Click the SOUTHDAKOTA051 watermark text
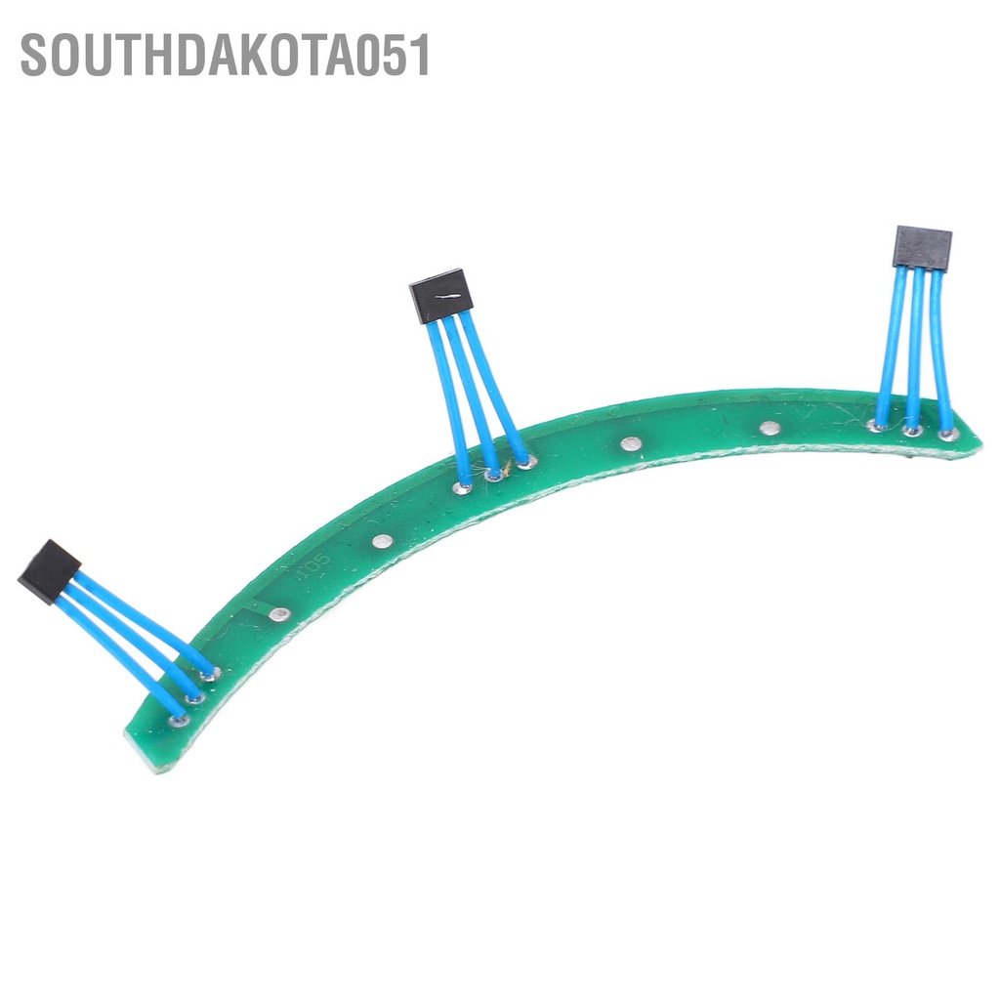[226, 56]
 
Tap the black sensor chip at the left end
[49, 570]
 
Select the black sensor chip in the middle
[440, 296]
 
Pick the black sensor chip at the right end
[922, 247]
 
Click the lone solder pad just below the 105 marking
[279, 614]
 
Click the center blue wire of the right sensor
[915, 347]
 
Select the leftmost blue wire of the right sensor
[891, 347]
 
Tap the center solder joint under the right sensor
[912, 429]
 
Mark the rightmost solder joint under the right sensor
[946, 433]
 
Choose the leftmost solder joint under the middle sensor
[462, 486]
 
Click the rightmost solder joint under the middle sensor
[526, 461]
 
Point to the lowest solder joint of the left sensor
[178, 721]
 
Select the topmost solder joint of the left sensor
[210, 674]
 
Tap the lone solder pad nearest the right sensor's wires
[770, 428]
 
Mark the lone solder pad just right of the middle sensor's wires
[630, 444]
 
